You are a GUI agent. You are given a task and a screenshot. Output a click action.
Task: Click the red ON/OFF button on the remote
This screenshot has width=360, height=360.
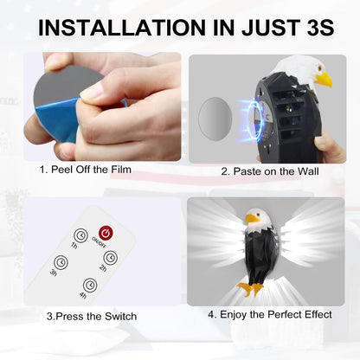click(x=106, y=234)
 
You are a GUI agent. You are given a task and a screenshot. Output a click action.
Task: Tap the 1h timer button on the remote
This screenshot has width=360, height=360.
click(x=80, y=235)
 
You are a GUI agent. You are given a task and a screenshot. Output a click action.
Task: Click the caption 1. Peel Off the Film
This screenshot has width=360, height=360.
click(x=86, y=170)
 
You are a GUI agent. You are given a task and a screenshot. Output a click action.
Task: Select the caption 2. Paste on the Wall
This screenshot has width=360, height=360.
click(x=270, y=171)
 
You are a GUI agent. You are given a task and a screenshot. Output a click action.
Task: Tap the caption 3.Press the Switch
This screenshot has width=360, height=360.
click(x=92, y=316)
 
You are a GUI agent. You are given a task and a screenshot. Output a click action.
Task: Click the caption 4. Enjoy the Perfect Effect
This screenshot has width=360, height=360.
click(x=270, y=314)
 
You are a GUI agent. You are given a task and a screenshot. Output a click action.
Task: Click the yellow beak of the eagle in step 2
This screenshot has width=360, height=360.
click(x=323, y=79)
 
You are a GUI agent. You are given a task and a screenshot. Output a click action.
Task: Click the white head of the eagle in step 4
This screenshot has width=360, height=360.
click(x=257, y=219)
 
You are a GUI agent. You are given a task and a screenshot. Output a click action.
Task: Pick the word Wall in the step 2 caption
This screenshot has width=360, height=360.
click(x=308, y=171)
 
